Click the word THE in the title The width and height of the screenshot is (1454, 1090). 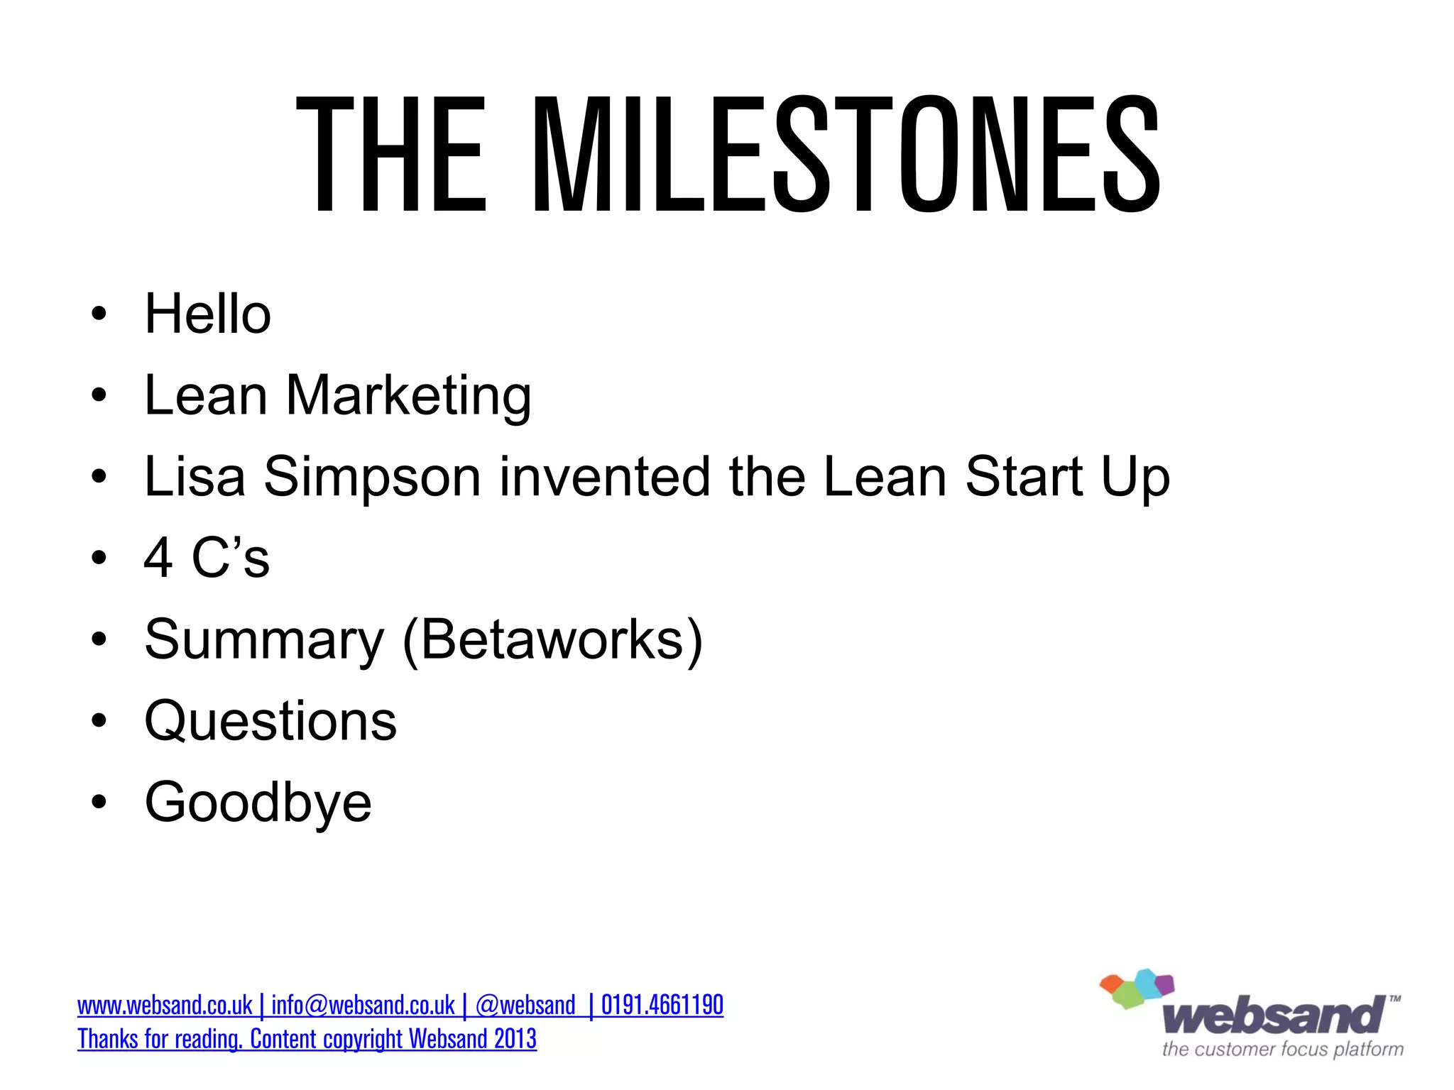[390, 154]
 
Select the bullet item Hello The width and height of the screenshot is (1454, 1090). [207, 314]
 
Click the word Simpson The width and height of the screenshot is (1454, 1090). [373, 477]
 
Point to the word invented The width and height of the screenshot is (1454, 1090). [605, 477]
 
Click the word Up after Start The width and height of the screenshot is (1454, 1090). [1135, 477]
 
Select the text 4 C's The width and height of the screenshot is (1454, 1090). [207, 558]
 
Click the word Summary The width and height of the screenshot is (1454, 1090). [264, 639]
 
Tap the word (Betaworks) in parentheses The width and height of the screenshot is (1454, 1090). [552, 639]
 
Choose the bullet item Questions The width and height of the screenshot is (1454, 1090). [270, 721]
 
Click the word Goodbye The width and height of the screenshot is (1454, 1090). [258, 803]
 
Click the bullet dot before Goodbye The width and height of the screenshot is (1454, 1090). [99, 802]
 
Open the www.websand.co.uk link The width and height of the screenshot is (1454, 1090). [165, 1006]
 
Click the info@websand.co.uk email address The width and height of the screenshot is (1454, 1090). [363, 1006]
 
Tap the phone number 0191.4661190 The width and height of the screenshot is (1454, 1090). [662, 1006]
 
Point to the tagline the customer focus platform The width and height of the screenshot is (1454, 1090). [1282, 1049]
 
